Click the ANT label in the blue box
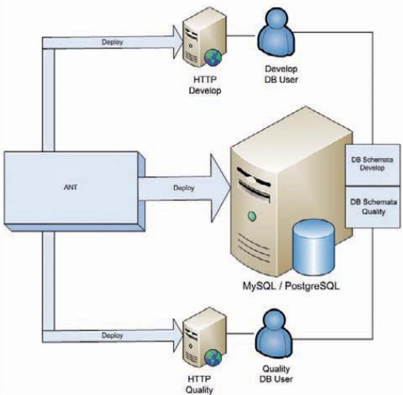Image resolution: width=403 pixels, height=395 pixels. pyautogui.click(x=71, y=188)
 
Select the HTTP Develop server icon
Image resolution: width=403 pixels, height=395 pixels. pyautogui.click(x=204, y=39)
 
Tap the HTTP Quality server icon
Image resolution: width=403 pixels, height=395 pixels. pyautogui.click(x=204, y=337)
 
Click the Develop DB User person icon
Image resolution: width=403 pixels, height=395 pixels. pyautogui.click(x=276, y=32)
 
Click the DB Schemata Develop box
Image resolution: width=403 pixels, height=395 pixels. pyautogui.click(x=372, y=165)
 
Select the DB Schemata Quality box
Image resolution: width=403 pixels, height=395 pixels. pyautogui.click(x=373, y=207)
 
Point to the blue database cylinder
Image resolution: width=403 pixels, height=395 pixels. pyautogui.click(x=313, y=247)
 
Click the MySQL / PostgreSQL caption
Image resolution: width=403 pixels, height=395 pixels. pyautogui.click(x=291, y=286)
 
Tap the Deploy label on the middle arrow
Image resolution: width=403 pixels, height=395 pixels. pyautogui.click(x=184, y=188)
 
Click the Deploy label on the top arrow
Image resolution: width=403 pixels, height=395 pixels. pyautogui.click(x=112, y=42)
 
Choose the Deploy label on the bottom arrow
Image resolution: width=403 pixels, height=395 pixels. pyautogui.click(x=112, y=335)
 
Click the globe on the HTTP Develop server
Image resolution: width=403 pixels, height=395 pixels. pyautogui.click(x=213, y=57)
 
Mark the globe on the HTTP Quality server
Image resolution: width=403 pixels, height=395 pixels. pyautogui.click(x=213, y=358)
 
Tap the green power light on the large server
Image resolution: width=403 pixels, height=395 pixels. pyautogui.click(x=252, y=216)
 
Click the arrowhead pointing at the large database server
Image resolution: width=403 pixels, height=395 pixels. pyautogui.click(x=220, y=188)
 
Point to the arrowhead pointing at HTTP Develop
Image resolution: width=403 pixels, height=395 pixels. pyautogui.click(x=178, y=42)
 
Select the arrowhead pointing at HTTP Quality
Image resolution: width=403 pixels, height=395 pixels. pyautogui.click(x=178, y=335)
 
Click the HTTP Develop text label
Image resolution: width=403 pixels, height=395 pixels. pyautogui.click(x=205, y=85)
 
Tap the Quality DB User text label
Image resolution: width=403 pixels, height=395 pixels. pyautogui.click(x=276, y=374)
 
